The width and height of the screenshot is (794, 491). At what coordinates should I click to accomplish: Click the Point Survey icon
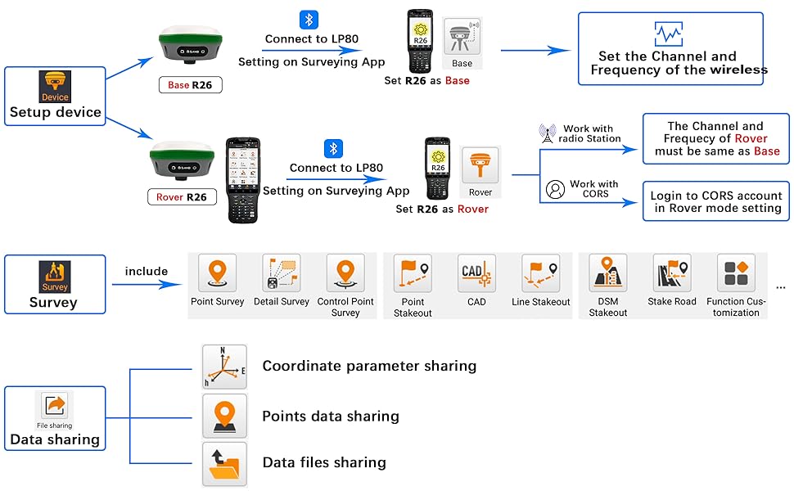[x=217, y=273]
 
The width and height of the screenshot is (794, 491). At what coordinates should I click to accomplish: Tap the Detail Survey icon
[x=282, y=273]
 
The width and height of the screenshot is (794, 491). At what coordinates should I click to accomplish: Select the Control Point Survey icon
[x=345, y=273]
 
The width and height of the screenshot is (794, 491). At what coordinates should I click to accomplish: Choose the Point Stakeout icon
[x=413, y=273]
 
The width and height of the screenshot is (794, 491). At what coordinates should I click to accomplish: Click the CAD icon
[x=476, y=273]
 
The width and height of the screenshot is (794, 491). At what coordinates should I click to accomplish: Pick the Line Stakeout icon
[x=541, y=273]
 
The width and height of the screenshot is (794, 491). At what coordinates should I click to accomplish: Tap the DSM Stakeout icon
[x=608, y=273]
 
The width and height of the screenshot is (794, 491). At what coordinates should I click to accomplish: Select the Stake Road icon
[x=672, y=273]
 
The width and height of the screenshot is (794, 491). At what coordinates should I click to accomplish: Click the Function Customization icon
[x=736, y=273]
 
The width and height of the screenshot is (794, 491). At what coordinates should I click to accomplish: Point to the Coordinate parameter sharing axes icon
[x=224, y=367]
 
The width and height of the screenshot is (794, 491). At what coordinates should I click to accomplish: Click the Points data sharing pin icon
[x=224, y=416]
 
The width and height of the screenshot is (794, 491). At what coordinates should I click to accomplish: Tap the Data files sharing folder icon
[x=224, y=463]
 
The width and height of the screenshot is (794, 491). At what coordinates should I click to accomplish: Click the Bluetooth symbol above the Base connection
[x=309, y=20]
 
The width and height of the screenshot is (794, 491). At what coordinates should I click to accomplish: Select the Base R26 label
[x=190, y=85]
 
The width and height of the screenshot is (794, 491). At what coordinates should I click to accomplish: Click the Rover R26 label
[x=182, y=197]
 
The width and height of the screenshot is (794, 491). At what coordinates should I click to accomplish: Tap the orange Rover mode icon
[x=480, y=167]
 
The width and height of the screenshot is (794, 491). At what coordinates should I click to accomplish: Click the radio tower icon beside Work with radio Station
[x=548, y=133]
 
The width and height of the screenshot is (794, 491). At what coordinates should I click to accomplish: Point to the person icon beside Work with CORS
[x=556, y=190]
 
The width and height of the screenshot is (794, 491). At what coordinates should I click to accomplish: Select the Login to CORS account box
[x=715, y=201]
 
